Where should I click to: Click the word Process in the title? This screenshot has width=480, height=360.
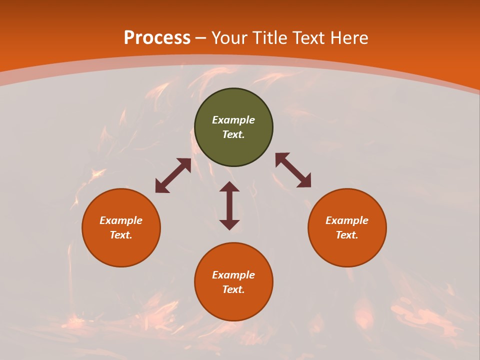(x=157, y=38)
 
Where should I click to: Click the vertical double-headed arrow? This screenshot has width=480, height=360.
(x=229, y=205)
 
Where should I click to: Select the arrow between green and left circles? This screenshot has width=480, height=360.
(x=173, y=175)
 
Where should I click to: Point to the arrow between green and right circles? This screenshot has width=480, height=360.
(x=293, y=170)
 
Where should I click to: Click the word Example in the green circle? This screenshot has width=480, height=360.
(x=233, y=120)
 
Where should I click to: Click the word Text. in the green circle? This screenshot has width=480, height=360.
(x=233, y=134)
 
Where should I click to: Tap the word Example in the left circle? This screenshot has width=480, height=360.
(x=121, y=220)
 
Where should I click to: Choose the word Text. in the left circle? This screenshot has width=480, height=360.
(x=121, y=235)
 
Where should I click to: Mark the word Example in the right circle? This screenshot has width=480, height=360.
(x=347, y=220)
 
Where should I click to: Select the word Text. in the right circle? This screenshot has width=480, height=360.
(x=347, y=235)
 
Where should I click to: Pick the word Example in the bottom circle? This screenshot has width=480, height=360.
(x=233, y=275)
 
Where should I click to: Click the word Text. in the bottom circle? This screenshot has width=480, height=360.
(x=233, y=289)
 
